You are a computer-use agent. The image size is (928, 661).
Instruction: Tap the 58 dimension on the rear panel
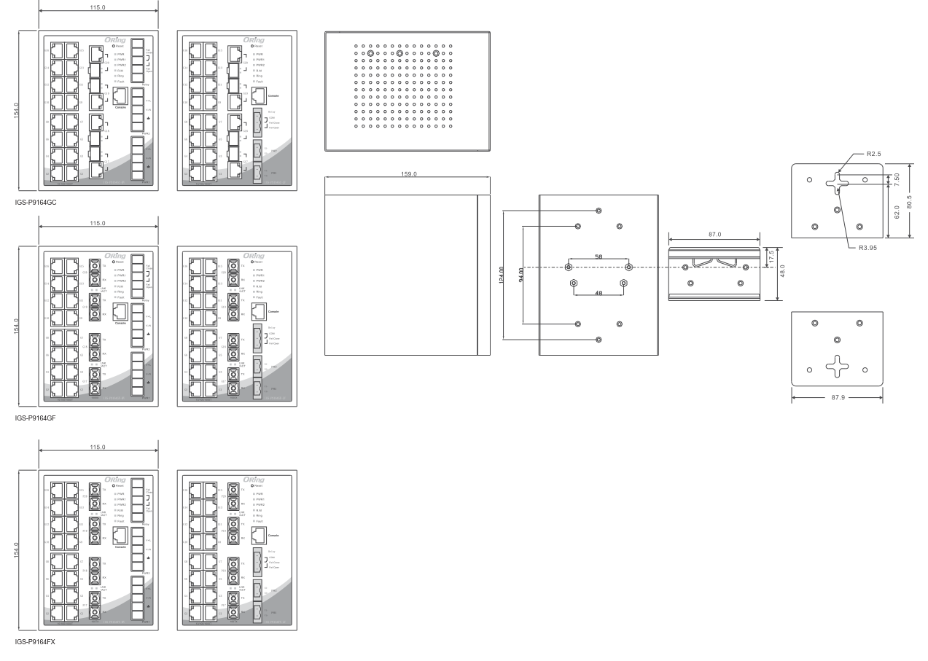(x=597, y=257)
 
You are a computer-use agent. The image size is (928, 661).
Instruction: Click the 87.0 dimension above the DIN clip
(x=714, y=235)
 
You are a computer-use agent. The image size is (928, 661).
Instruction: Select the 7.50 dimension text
(x=896, y=179)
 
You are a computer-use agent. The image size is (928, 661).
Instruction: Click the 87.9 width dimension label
(x=837, y=398)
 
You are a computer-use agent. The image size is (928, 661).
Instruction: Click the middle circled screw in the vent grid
(x=399, y=53)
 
